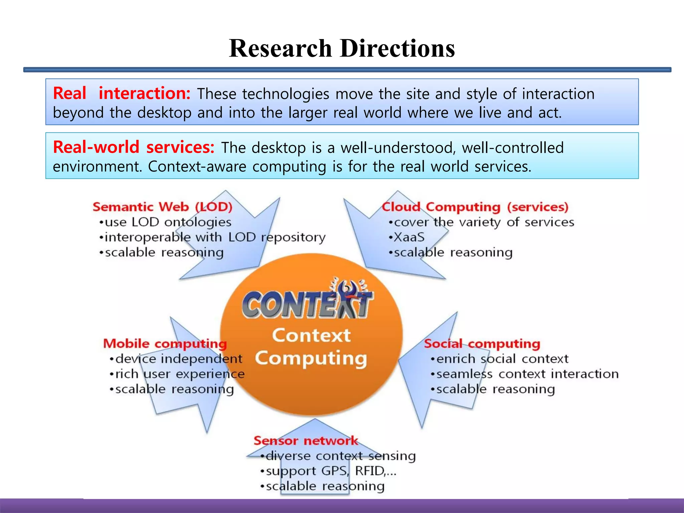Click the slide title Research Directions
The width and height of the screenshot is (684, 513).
tap(342, 48)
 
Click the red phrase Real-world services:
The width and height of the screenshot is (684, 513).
tap(134, 147)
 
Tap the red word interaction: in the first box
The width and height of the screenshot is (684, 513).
tap(144, 93)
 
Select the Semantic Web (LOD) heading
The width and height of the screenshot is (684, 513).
tap(162, 207)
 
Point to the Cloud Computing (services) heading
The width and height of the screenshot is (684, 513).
tap(475, 207)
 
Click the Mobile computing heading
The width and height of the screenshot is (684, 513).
tap(165, 344)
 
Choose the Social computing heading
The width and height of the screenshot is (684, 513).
tap(482, 344)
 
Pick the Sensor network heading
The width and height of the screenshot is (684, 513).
tap(306, 441)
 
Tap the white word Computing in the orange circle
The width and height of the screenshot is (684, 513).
tap(311, 358)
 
